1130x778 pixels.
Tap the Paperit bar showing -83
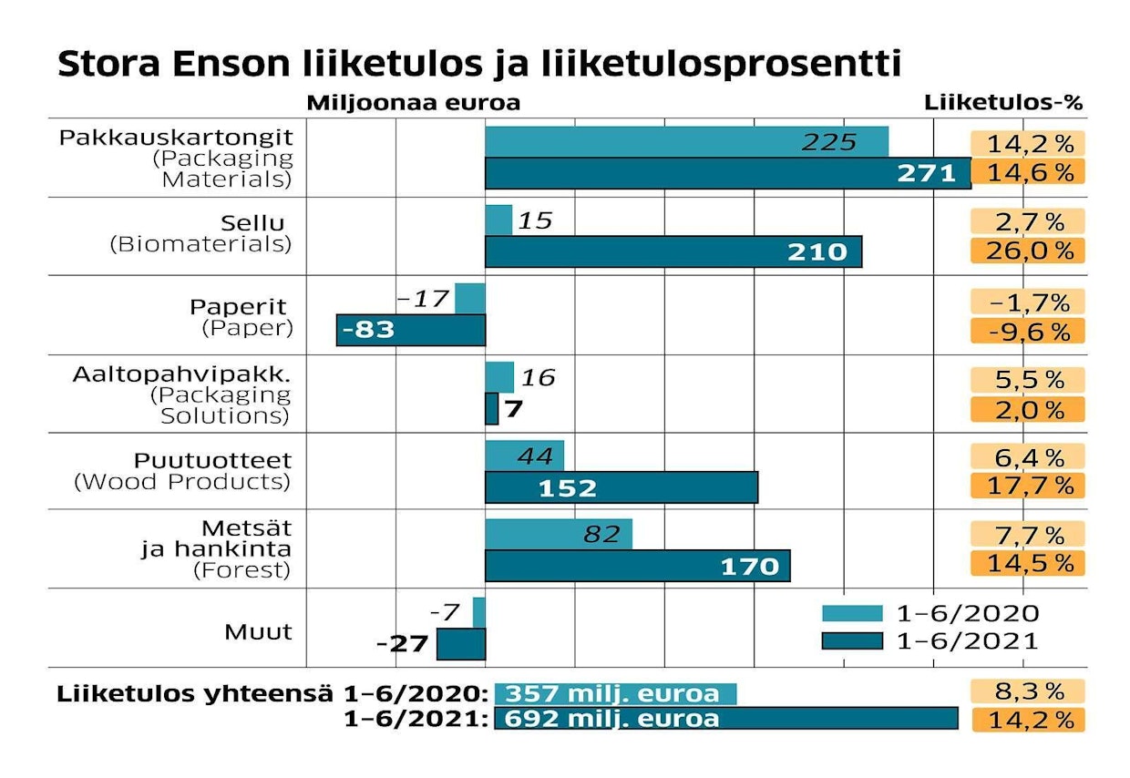(x=411, y=330)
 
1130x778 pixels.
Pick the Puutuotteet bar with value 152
(x=621, y=487)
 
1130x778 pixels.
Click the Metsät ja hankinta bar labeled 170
(x=637, y=566)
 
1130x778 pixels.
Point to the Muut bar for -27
(x=461, y=644)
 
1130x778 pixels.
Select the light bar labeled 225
(x=685, y=141)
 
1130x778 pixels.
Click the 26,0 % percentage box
(x=1028, y=251)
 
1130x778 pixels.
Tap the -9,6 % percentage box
(x=1028, y=331)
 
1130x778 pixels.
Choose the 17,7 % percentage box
(x=1028, y=486)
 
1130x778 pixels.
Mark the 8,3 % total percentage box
(x=1028, y=691)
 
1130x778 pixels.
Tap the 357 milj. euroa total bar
(x=615, y=693)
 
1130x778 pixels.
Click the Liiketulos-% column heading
(x=1003, y=102)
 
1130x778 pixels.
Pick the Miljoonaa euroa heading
(x=413, y=102)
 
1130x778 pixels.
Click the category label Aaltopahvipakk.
(x=182, y=374)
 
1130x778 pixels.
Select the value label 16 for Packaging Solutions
(x=538, y=377)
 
